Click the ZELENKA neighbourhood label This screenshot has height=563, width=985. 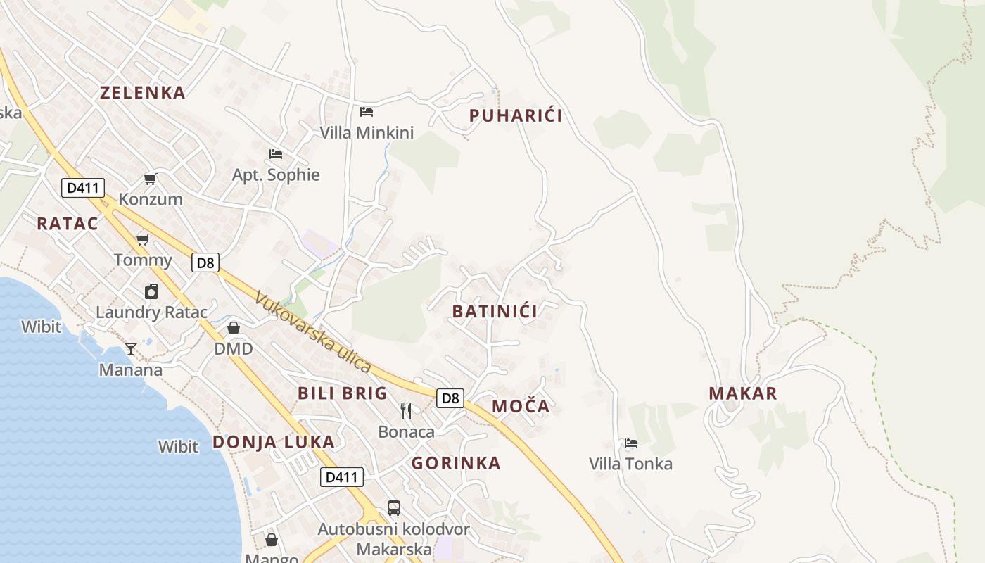click(142, 93)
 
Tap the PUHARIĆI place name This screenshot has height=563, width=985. click(516, 116)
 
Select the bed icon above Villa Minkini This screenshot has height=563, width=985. click(367, 111)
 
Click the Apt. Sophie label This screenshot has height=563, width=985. click(276, 175)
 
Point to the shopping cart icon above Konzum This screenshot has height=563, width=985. click(150, 179)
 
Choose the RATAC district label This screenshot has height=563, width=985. click(68, 224)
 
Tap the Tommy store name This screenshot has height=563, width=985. click(143, 260)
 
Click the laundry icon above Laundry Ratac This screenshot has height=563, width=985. click(151, 291)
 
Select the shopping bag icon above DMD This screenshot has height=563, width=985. click(234, 328)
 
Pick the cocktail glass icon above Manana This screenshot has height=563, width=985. click(131, 348)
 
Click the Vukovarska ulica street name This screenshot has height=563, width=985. click(312, 331)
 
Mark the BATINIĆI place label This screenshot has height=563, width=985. click(495, 312)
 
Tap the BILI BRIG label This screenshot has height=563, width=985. click(342, 393)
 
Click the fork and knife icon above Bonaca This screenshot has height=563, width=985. click(406, 411)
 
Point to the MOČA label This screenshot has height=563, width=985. click(521, 406)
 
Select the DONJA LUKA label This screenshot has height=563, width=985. click(274, 442)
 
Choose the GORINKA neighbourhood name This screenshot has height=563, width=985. click(456, 463)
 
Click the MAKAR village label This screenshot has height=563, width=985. click(743, 393)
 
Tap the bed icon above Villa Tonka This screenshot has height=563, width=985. click(631, 443)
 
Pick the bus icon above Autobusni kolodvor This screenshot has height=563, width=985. click(394, 507)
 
